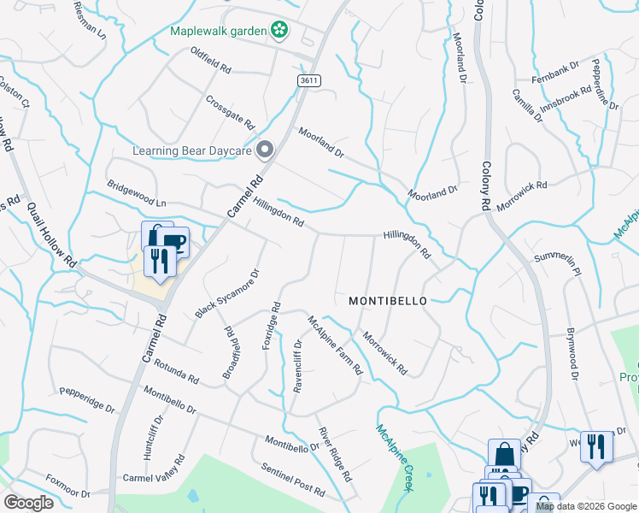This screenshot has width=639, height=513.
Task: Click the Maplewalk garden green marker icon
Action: [278, 31]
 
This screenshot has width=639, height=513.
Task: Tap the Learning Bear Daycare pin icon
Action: [265, 151]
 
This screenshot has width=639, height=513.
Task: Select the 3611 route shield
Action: [309, 80]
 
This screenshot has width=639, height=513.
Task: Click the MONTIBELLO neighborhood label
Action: [387, 301]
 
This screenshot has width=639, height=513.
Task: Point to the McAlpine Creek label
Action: [395, 457]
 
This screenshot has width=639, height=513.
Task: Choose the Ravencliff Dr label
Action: [298, 366]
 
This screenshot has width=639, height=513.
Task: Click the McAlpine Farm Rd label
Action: [335, 345]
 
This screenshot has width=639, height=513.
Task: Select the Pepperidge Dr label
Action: [86, 398]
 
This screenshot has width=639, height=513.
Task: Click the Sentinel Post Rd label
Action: [293, 480]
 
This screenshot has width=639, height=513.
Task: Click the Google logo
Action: [28, 503]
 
